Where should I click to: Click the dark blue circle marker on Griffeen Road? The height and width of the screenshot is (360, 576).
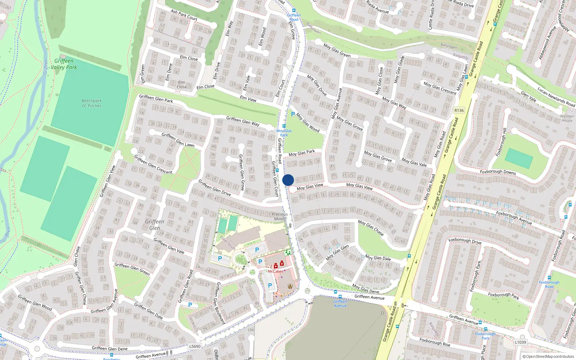click(x=288, y=180)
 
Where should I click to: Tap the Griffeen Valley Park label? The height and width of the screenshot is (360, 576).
click(x=64, y=64)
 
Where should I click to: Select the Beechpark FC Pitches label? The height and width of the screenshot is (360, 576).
click(x=91, y=103)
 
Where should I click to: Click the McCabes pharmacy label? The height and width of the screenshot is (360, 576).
click(x=275, y=271)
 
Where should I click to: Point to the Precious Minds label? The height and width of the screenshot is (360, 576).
click(x=280, y=216)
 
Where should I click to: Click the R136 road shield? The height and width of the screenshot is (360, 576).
click(x=459, y=111)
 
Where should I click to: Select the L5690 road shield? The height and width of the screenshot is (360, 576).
click(x=195, y=346)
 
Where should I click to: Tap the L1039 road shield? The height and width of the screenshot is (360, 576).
click(x=520, y=342)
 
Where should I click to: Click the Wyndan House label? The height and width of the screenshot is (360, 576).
click(x=567, y=118)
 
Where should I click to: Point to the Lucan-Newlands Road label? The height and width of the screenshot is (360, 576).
click(x=556, y=97)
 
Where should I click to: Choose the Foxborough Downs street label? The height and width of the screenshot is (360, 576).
click(x=498, y=172)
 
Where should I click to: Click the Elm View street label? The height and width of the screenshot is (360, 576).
click(x=248, y=98)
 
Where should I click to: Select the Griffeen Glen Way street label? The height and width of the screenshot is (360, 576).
click(x=243, y=121)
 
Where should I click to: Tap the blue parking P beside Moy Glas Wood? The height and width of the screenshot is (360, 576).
click(x=293, y=114)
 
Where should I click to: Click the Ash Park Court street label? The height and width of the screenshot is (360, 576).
click(x=184, y=15)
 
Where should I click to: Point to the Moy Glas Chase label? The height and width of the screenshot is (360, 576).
click(x=371, y=228)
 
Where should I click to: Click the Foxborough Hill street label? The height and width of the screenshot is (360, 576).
click(x=501, y=142)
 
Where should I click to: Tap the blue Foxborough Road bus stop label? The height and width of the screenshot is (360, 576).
click(x=549, y=284)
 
